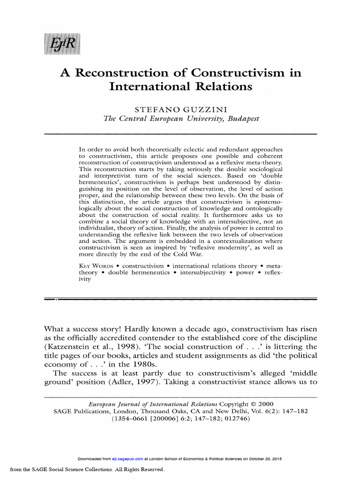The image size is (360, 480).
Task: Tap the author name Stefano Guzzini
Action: tap(180, 110)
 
